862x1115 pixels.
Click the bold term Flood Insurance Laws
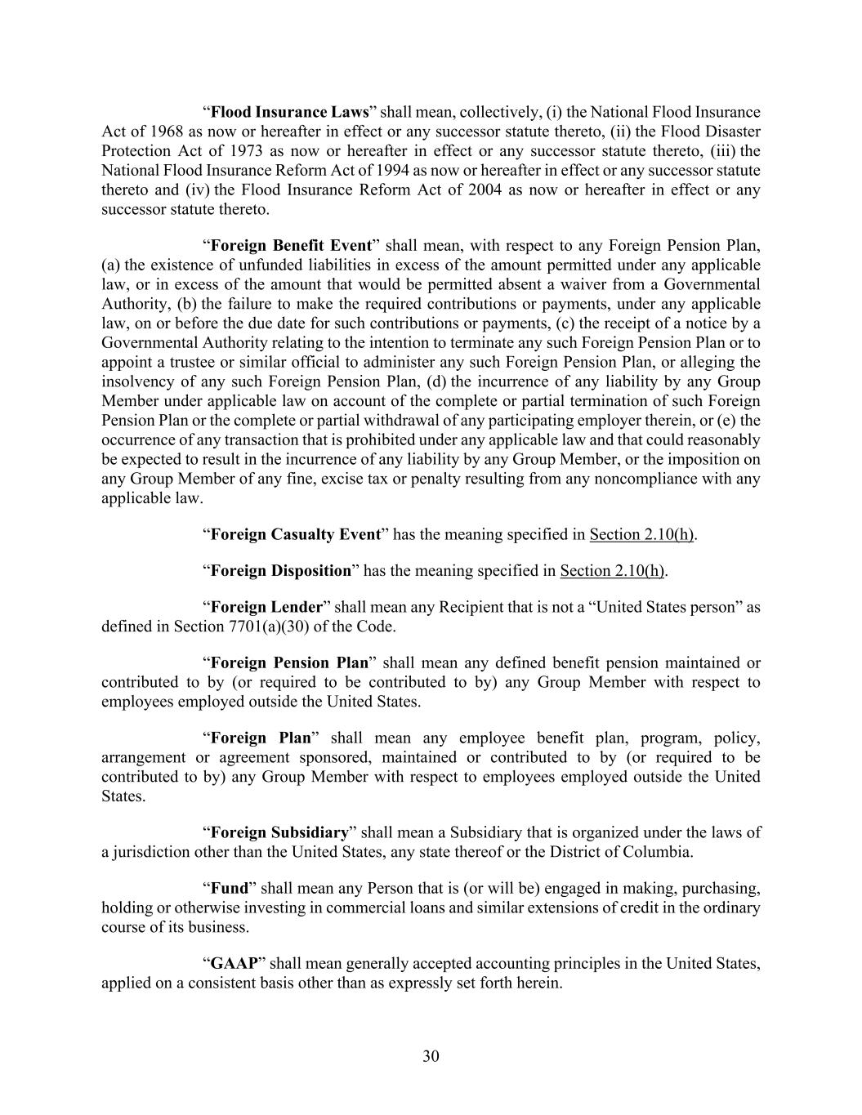pyautogui.click(x=290, y=112)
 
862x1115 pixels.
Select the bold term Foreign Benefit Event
pyautogui.click(x=290, y=246)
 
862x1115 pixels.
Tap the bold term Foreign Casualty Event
pyautogui.click(x=295, y=534)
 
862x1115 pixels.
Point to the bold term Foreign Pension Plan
pyautogui.click(x=289, y=662)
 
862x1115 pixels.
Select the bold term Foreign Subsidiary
pyautogui.click(x=279, y=832)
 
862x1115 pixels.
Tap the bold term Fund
pyautogui.click(x=229, y=888)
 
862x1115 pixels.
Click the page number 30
pyautogui.click(x=431, y=1056)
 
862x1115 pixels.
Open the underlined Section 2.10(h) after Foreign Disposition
pyautogui.click(x=612, y=570)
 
